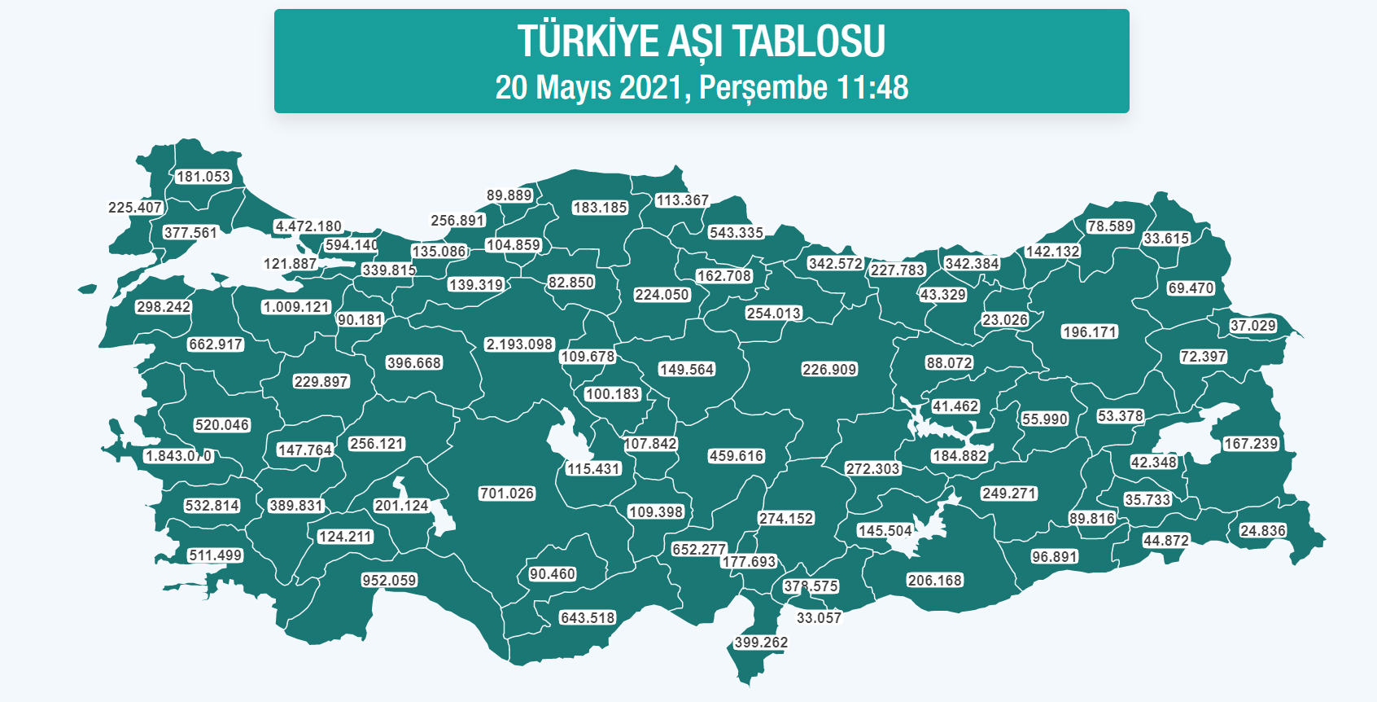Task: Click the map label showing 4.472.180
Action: [x=308, y=226]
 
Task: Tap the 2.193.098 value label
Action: [x=519, y=344]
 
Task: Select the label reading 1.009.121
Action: [x=296, y=307]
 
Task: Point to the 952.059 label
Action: [x=389, y=581]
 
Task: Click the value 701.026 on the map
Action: [x=506, y=494]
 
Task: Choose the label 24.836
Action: [x=1262, y=531]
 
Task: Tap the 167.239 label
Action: [x=1251, y=444]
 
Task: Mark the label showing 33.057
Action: [x=819, y=618]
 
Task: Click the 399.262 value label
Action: [x=761, y=643]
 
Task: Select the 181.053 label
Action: [x=203, y=177]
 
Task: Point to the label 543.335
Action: [x=736, y=233]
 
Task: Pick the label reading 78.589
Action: [x=1110, y=226]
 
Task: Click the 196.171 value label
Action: [x=1089, y=332]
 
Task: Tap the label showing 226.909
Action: [x=829, y=370]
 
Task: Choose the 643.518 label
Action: [x=588, y=618]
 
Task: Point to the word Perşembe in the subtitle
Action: [x=763, y=88]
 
